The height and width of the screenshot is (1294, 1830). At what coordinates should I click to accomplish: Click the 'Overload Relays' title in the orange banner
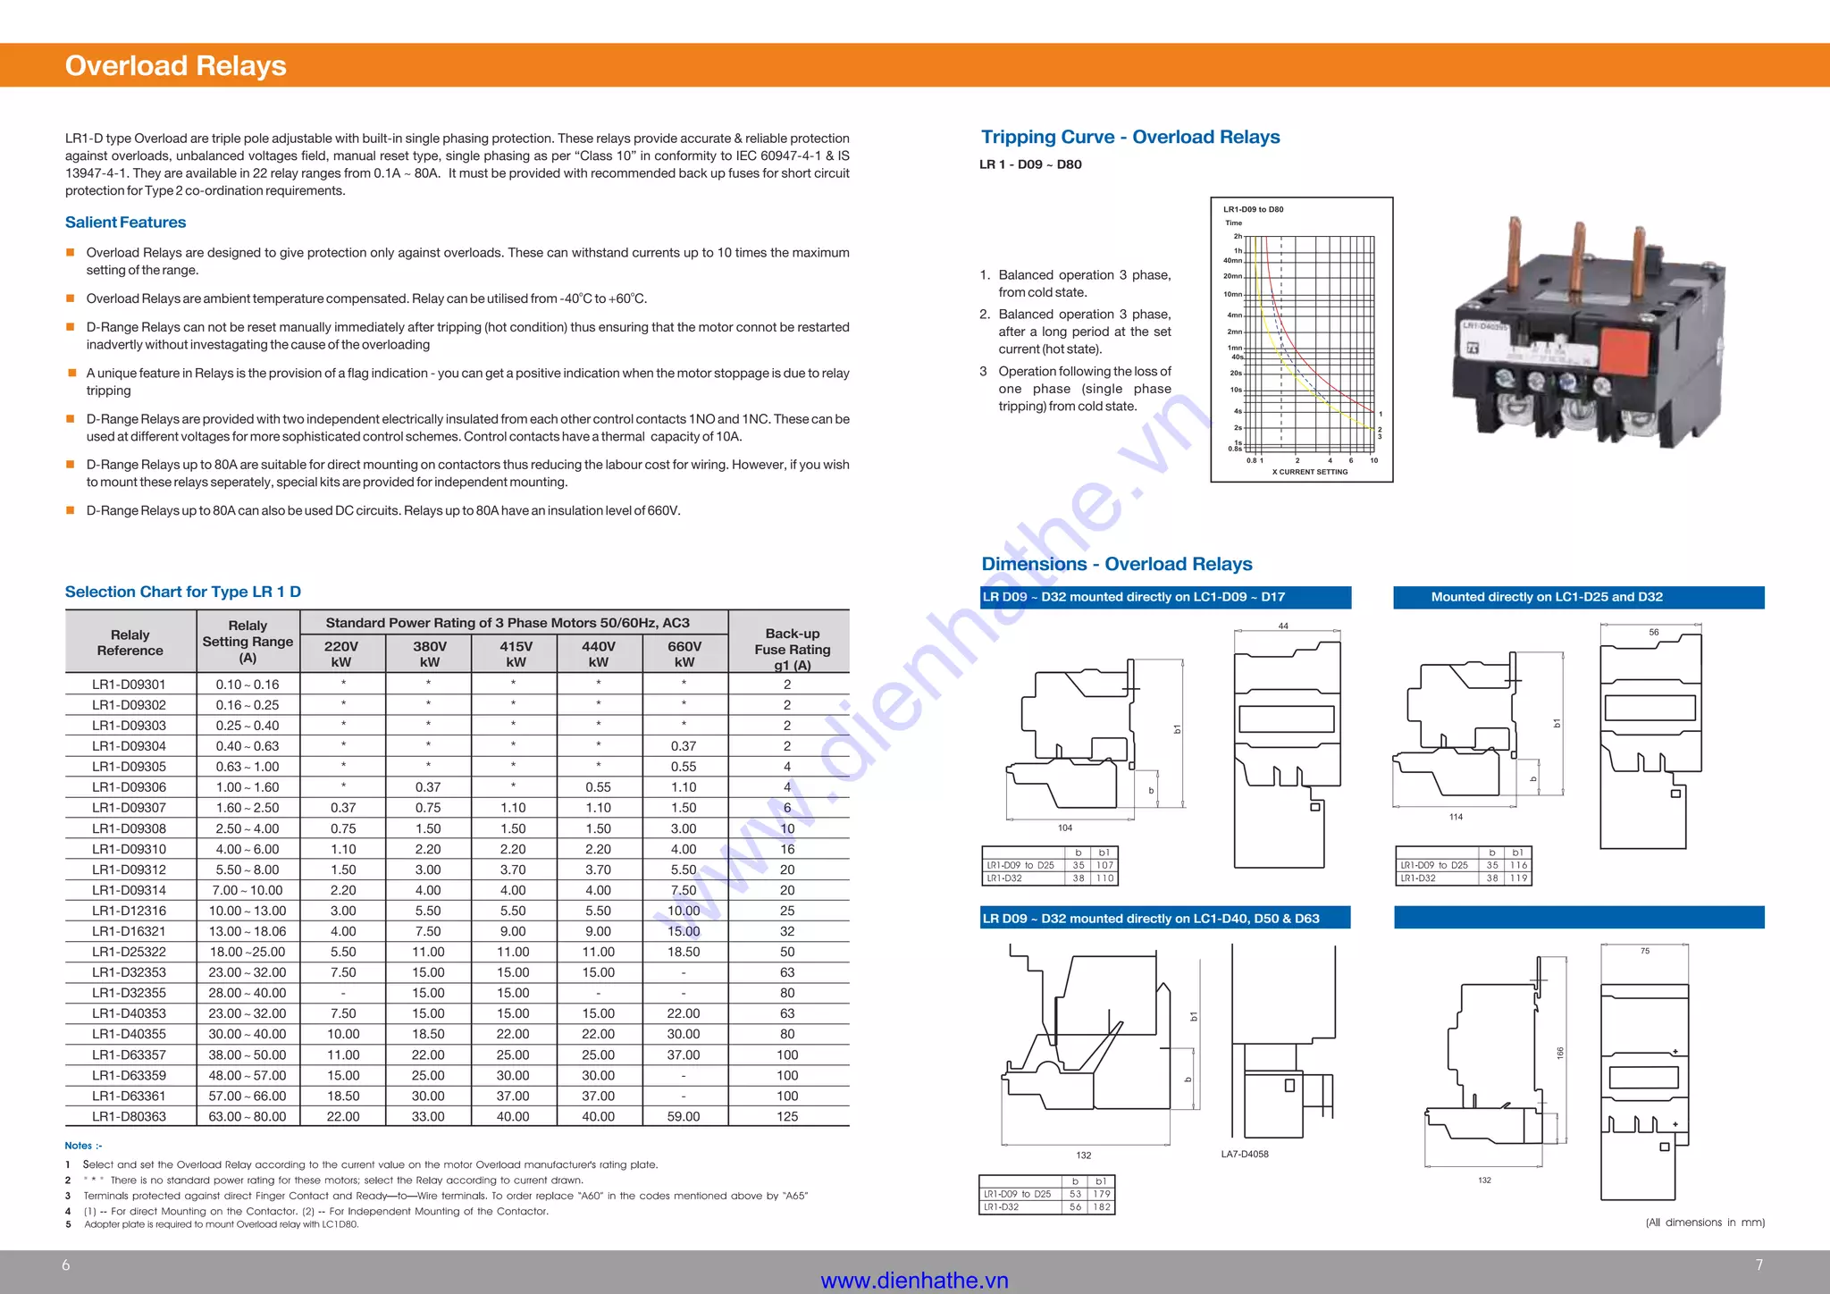click(x=175, y=66)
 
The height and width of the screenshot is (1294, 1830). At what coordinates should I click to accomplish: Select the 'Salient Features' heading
click(x=125, y=223)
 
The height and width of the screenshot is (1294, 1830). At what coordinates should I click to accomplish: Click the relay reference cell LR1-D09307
click(x=129, y=808)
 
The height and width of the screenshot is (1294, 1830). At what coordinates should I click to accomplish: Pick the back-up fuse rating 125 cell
click(x=787, y=1117)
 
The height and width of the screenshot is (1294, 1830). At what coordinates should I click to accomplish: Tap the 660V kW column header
click(x=684, y=653)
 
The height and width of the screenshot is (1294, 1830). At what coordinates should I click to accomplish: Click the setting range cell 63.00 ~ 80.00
click(x=248, y=1117)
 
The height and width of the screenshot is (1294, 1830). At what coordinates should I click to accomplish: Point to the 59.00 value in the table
click(x=684, y=1117)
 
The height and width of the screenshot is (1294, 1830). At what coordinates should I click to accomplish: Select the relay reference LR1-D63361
click(x=129, y=1097)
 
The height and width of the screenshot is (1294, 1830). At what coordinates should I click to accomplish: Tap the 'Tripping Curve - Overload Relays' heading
click(x=1130, y=137)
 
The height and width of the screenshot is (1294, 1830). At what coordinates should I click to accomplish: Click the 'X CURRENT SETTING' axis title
click(x=1310, y=472)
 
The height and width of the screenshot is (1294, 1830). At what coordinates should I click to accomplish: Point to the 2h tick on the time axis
click(x=1238, y=237)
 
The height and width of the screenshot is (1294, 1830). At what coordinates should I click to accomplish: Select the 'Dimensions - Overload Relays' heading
click(x=1117, y=564)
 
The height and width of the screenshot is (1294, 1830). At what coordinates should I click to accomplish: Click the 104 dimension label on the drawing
click(x=1065, y=828)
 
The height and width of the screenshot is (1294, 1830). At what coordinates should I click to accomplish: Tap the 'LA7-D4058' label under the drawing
click(x=1245, y=1155)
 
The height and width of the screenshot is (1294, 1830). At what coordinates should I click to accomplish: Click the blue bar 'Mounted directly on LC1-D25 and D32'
click(x=1579, y=597)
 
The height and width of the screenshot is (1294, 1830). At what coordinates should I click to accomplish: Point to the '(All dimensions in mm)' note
click(x=1705, y=1223)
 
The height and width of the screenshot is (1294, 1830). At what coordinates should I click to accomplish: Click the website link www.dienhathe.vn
click(x=914, y=1281)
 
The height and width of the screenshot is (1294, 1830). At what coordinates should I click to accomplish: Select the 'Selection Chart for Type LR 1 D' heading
click(x=183, y=592)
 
